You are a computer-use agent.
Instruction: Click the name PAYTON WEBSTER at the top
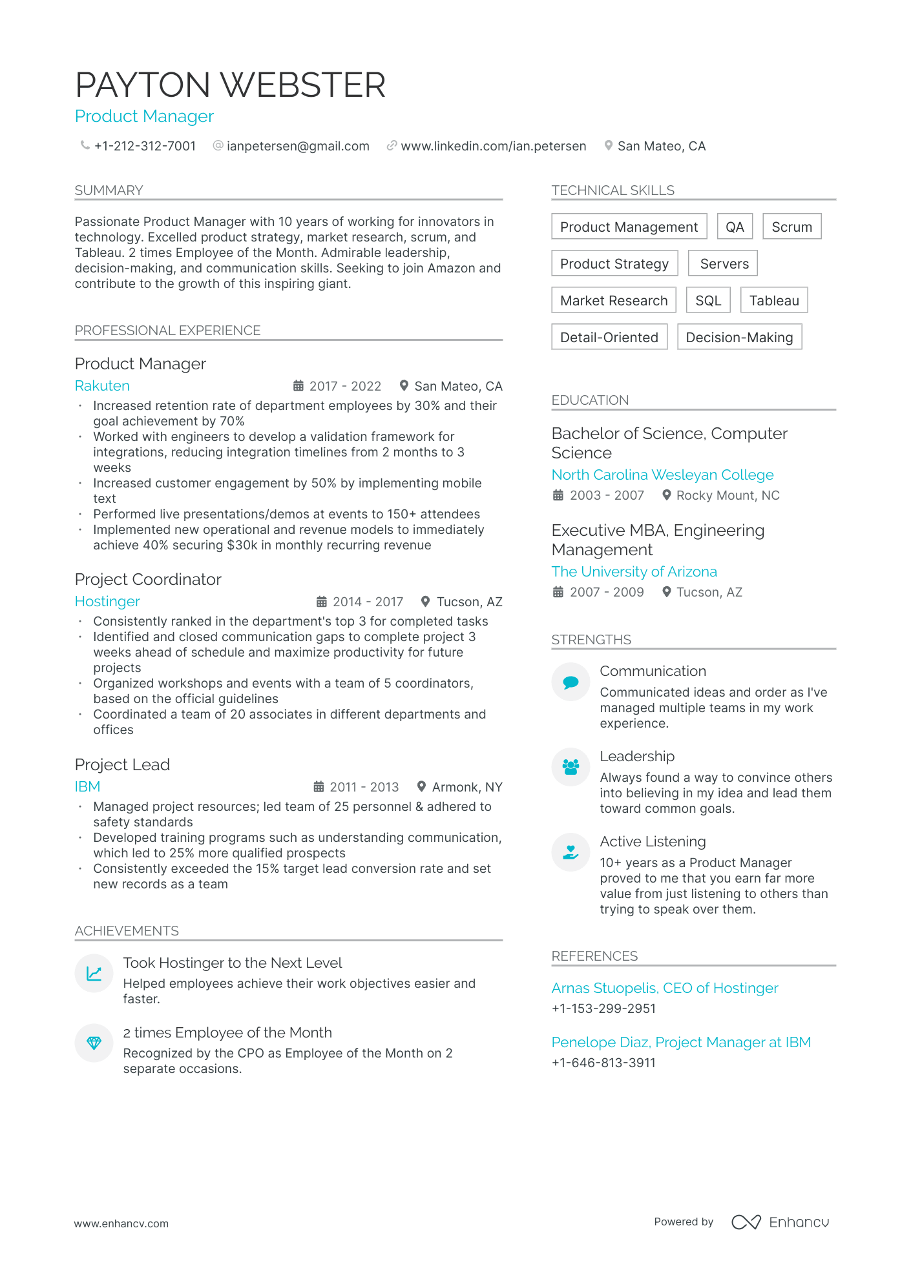pos(230,85)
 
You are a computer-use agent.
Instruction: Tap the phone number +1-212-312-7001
pos(145,146)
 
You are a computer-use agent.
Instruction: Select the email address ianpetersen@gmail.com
pos(298,146)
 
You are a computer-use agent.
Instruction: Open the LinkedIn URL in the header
pos(493,146)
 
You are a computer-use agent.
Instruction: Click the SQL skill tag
pos(707,300)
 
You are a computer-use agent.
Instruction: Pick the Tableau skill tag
pos(773,300)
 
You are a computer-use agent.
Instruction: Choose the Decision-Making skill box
pos(739,337)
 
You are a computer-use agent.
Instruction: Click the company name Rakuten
pos(102,385)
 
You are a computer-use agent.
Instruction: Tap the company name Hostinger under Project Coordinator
pos(107,601)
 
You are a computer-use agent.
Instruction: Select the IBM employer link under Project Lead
pos(87,786)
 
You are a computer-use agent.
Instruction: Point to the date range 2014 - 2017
pos(367,602)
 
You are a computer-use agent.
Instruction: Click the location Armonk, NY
pos(466,787)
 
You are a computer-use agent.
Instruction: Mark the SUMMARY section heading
pos(109,190)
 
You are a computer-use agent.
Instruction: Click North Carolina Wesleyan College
pos(662,475)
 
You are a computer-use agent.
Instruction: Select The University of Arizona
pos(634,571)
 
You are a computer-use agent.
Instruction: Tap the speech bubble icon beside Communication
pos(571,682)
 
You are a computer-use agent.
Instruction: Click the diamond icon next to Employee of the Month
pos(94,1043)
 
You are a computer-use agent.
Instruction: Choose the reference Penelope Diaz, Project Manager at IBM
pos(681,1042)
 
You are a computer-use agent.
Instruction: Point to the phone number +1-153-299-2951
pos(603,1008)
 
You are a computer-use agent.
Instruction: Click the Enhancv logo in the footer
pos(780,1222)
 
